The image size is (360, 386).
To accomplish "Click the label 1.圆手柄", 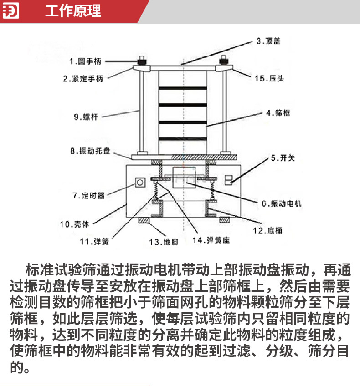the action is pos(85,61).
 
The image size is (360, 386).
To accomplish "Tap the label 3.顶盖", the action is pos(268,41).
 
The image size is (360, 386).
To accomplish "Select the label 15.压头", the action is pos(269,79).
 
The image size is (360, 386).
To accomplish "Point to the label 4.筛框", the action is pos(278,113).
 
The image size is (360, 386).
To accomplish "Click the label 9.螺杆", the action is pos(86,117).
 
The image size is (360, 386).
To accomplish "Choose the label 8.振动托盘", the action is pos(90,151).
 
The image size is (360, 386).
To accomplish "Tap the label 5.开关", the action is pos(283,158).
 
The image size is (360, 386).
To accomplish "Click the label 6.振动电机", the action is pos(282,203).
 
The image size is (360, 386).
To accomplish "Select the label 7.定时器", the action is pos(88,196).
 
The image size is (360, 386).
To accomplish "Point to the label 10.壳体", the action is pos(74,224).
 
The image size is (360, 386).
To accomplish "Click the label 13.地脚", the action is pos(164,242).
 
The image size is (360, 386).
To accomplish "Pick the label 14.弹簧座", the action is pos(211,240).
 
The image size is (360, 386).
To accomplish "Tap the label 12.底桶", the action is pos(267,231).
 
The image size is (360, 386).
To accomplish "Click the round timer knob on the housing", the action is pos(140,183).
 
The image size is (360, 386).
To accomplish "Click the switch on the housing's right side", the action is pos(228,180).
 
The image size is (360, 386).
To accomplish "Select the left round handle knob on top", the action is pos(141,61).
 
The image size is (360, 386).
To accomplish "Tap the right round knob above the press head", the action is pos(223,60).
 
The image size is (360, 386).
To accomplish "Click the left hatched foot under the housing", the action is pos(144,220).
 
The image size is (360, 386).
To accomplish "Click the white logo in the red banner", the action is pos(10,11).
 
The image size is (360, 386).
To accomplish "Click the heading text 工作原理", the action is pos(73,11).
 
